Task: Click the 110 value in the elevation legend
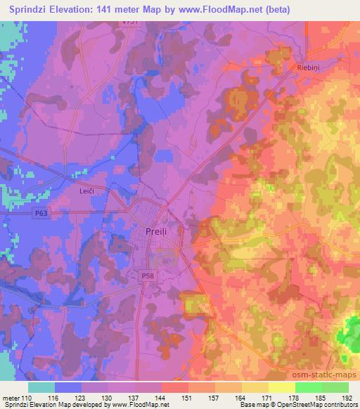(25, 398)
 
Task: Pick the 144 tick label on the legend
(161, 398)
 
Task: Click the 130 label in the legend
(108, 398)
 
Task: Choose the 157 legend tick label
(214, 398)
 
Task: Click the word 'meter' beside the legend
(11, 398)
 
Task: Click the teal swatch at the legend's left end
(41, 387)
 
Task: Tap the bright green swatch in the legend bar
(308, 387)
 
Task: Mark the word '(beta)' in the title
(276, 9)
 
